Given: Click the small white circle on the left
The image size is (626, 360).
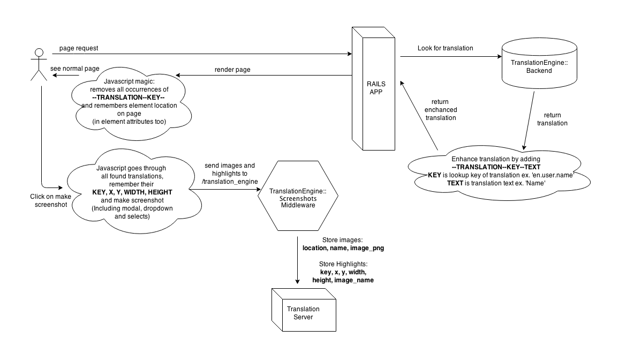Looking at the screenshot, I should click(x=39, y=52).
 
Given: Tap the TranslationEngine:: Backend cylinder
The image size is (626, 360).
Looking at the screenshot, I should click(x=539, y=66).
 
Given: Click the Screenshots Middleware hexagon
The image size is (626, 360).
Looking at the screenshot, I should click(x=298, y=196).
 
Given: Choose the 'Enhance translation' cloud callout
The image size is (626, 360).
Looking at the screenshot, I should click(x=495, y=172).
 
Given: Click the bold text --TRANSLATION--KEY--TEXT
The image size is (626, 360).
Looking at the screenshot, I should click(x=495, y=167).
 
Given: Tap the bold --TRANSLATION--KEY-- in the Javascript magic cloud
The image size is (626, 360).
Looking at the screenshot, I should click(x=129, y=97).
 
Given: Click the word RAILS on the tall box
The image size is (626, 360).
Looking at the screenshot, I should click(x=376, y=84).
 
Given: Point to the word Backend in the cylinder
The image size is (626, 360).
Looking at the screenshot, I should click(x=539, y=71).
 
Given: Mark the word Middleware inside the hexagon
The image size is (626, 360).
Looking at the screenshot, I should click(x=298, y=205).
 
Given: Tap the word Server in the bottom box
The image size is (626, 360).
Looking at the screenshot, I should click(x=303, y=317).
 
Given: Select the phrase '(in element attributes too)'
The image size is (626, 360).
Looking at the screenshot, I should click(x=129, y=122).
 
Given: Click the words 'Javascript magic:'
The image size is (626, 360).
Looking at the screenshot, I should click(x=129, y=81).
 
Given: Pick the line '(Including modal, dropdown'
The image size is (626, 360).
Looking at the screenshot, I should click(x=132, y=208).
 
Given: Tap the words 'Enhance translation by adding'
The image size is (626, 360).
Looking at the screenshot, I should click(x=495, y=159).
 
